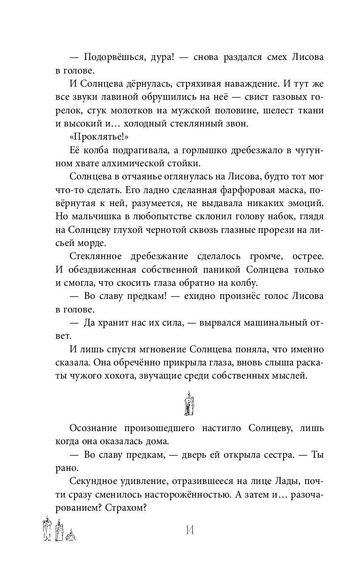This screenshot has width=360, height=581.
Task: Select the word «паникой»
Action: [x=234, y=270]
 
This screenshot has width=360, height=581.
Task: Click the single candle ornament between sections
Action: [x=189, y=403]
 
